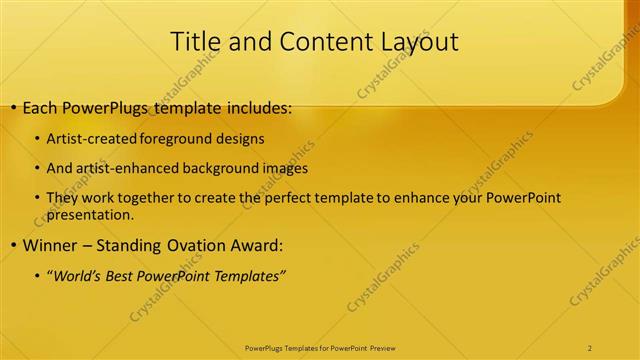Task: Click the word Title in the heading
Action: (196, 42)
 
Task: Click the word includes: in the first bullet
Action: (250, 107)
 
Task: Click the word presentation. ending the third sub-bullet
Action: (90, 214)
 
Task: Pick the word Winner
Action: (47, 246)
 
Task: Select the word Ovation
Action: (206, 246)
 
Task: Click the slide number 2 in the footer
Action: (590, 347)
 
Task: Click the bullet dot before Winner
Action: (10, 246)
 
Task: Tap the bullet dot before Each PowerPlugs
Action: (10, 107)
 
